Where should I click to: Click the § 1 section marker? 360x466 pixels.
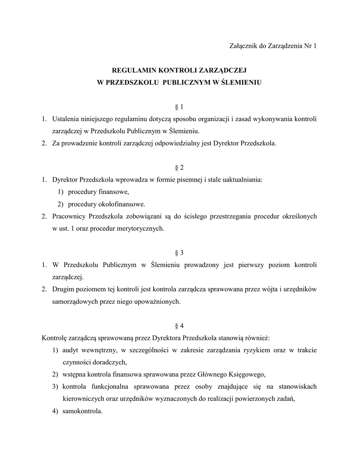pyautogui.click(x=179, y=107)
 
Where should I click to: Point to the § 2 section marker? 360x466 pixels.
pyautogui.click(x=179, y=167)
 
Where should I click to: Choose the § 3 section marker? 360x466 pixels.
pyautogui.click(x=179, y=253)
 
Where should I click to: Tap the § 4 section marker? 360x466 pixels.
pyautogui.click(x=179, y=325)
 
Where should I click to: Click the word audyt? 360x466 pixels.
pyautogui.click(x=70, y=350)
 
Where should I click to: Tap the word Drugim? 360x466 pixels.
pyautogui.click(x=63, y=289)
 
